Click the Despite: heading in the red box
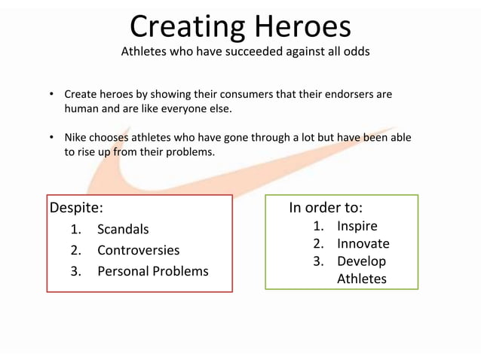(75, 207)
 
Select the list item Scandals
(123, 229)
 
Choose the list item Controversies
(138, 250)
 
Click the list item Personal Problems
(152, 271)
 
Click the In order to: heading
(326, 207)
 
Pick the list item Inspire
(357, 226)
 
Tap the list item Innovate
(363, 243)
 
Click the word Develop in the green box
(361, 261)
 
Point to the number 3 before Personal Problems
(75, 271)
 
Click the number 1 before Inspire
(318, 226)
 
